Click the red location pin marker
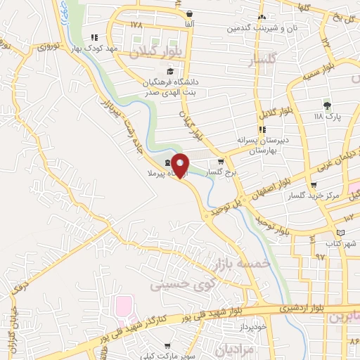(x=181, y=164)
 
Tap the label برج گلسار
(x=226, y=171)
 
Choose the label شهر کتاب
(x=341, y=243)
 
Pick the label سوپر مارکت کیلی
(x=166, y=356)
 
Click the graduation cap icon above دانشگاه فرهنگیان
(x=169, y=72)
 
